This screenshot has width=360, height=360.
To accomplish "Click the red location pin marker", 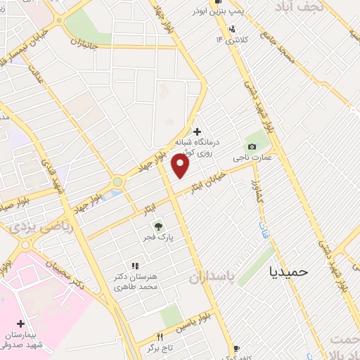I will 181,167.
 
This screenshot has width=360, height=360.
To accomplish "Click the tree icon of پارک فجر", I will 159,226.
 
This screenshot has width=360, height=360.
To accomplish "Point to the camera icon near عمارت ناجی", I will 252,146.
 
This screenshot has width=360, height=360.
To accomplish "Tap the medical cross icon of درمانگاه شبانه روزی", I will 197,131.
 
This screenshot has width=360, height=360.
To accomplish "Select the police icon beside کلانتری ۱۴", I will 233,29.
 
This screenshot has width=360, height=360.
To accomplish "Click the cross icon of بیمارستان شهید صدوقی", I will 21,323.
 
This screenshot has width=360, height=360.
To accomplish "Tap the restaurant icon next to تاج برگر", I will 159,337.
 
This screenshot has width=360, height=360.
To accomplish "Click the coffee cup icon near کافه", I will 237,348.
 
